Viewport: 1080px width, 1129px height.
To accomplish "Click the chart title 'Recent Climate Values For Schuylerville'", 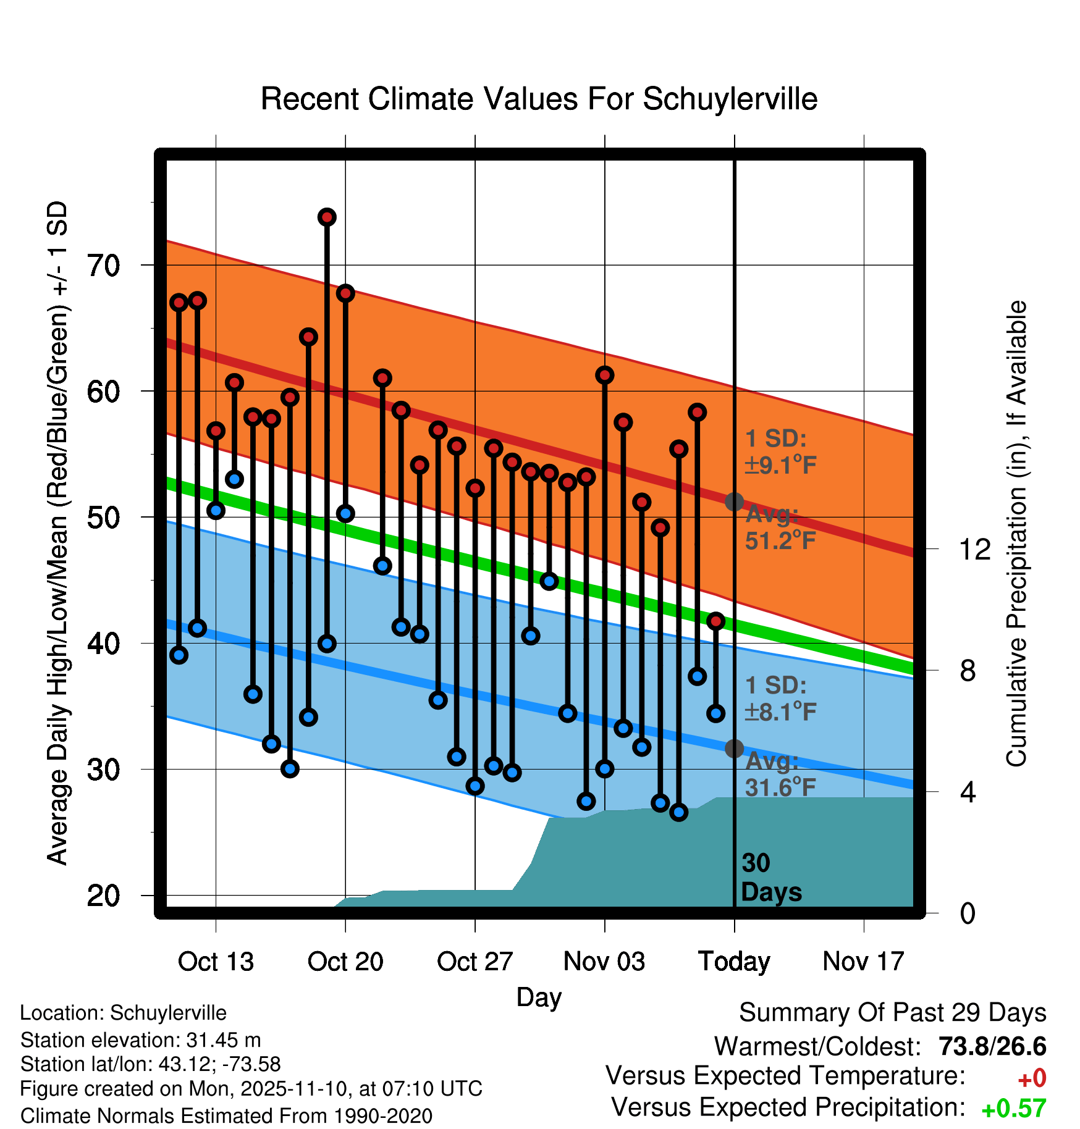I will [539, 99].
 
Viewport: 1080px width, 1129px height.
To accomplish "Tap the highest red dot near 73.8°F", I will [327, 217].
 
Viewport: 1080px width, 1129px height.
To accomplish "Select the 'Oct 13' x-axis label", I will [216, 962].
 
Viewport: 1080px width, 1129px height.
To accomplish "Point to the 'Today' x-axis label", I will [734, 962].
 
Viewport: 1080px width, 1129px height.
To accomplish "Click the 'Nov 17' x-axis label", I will [863, 962].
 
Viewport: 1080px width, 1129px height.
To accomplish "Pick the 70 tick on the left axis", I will [103, 266].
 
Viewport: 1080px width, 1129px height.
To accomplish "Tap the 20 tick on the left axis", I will [103, 896].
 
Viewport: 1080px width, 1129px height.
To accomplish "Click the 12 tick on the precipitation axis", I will [975, 549].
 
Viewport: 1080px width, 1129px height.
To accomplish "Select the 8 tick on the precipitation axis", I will [968, 670].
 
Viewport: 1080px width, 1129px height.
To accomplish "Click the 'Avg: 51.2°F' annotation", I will [780, 528].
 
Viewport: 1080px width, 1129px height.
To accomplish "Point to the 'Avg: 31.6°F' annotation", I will [780, 774].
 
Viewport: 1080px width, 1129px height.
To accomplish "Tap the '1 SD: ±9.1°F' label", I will [780, 451].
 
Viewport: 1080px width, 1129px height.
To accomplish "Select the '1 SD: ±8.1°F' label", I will [780, 699].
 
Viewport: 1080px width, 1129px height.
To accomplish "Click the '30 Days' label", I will [770, 878].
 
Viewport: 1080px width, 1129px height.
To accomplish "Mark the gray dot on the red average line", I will [734, 502].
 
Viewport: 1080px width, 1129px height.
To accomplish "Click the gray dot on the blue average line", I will [734, 749].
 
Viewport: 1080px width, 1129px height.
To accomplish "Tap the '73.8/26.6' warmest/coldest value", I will [992, 1046].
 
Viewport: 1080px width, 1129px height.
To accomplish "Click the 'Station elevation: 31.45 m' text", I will [140, 1040].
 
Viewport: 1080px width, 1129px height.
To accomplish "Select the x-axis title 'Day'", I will [539, 997].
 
